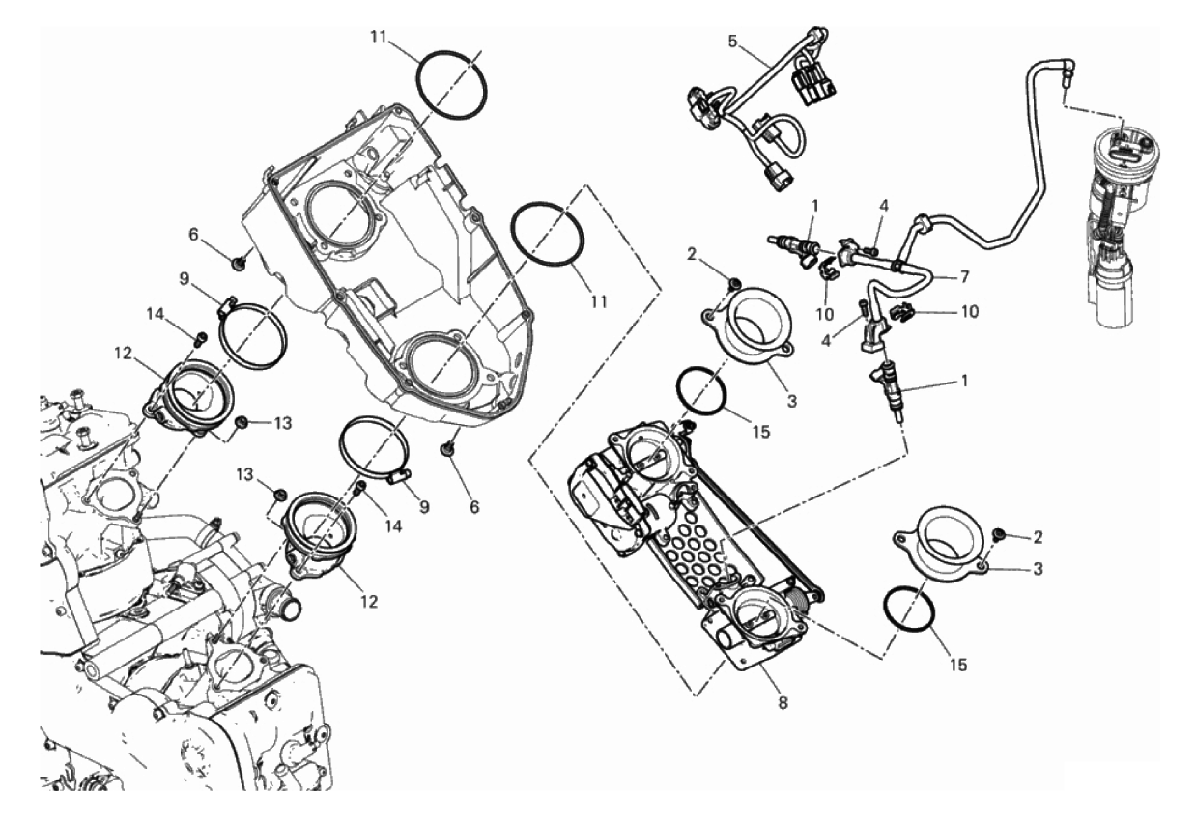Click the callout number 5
point(732,42)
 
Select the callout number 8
point(782,702)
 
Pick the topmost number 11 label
point(378,38)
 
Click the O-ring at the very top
point(451,85)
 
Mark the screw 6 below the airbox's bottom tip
point(448,450)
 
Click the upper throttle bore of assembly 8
point(646,449)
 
